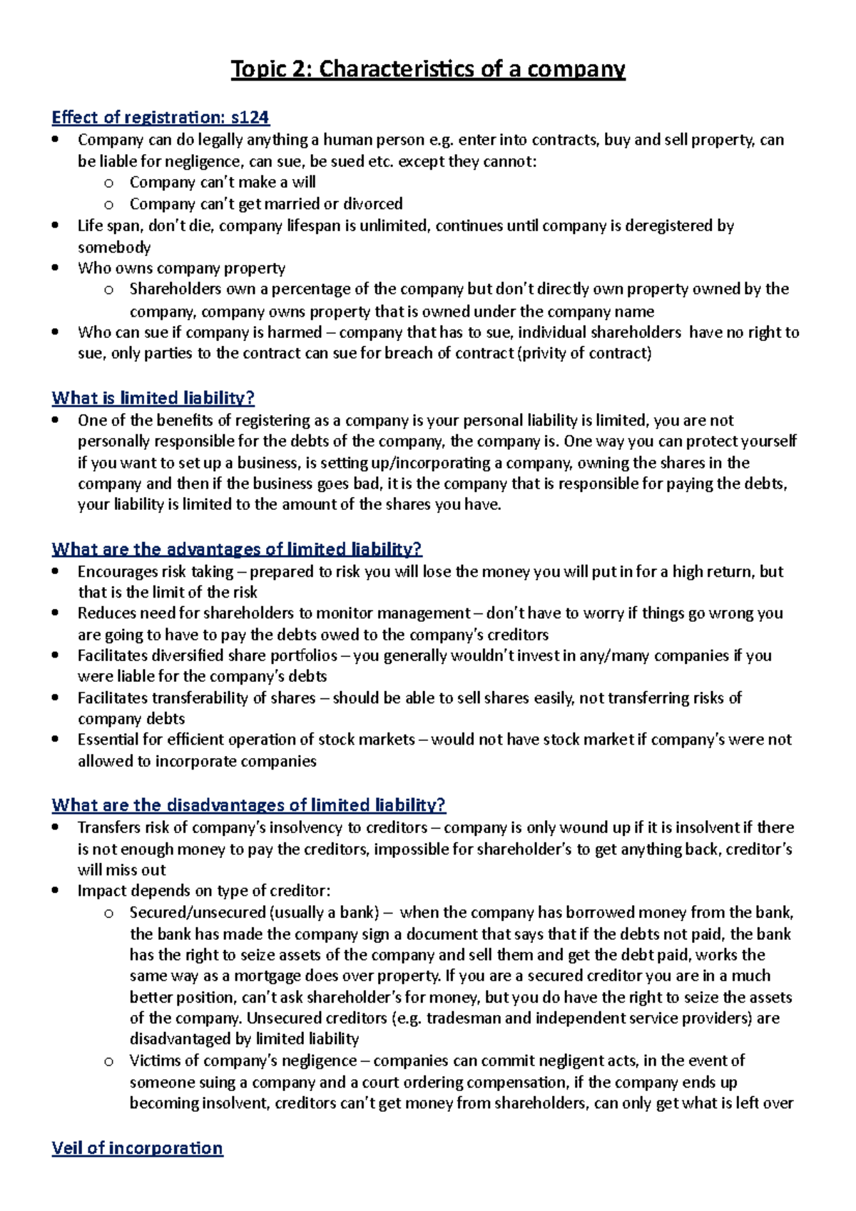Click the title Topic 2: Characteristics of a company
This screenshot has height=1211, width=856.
pos(428,69)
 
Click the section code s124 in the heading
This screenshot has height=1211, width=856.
pos(250,117)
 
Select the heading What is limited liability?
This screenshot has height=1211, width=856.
pos(153,398)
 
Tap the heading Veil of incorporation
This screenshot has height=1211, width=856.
pos(137,1148)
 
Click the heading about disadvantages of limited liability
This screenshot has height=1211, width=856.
pos(248,805)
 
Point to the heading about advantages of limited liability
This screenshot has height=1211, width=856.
pos(237,549)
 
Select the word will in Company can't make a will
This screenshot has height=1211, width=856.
pos(304,183)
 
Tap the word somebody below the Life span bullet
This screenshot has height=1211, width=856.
pos(114,247)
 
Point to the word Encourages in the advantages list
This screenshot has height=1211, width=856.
pos(118,571)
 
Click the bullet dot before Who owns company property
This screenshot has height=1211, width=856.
pos(56,268)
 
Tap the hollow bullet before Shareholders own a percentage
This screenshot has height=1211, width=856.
pos(108,290)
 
